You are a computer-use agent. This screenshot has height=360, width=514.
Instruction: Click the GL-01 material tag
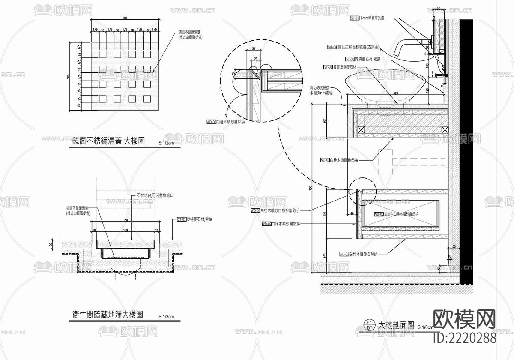(x=355, y=18)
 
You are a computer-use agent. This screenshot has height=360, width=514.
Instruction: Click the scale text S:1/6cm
(x=426, y=327)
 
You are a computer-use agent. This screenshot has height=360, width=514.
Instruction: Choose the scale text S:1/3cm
(x=166, y=317)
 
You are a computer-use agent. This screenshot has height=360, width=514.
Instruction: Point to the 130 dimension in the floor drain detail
(x=125, y=230)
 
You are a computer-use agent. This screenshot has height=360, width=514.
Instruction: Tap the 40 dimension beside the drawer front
(x=352, y=213)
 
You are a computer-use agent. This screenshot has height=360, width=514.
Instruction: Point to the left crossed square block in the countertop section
(x=361, y=129)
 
